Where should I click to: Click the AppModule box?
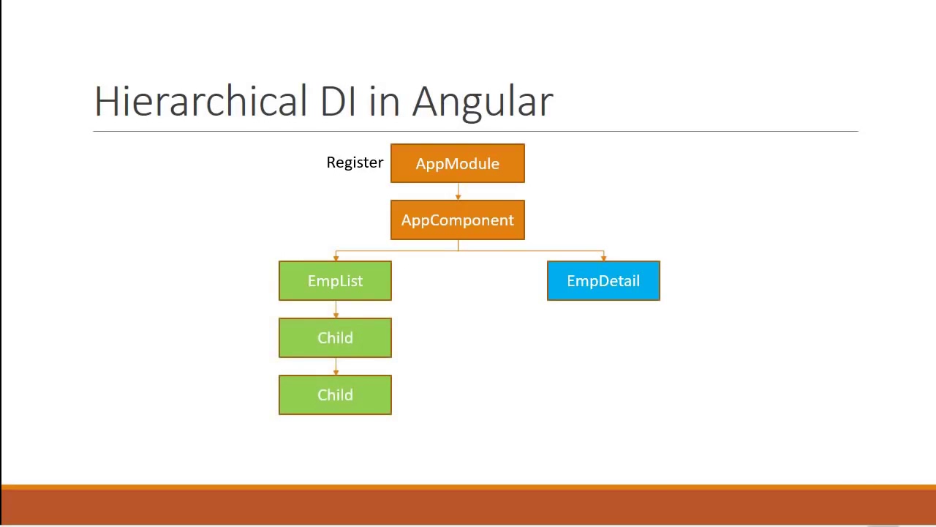click(x=457, y=163)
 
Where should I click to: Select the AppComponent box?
click(x=457, y=220)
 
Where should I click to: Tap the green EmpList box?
click(x=335, y=281)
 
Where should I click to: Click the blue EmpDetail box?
click(x=603, y=281)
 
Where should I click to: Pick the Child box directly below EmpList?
click(x=335, y=337)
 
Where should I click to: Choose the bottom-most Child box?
click(x=335, y=395)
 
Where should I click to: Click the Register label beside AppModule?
click(x=355, y=162)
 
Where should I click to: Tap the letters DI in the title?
click(x=337, y=101)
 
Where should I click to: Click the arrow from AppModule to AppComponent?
click(x=458, y=191)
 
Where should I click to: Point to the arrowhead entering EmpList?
click(x=336, y=258)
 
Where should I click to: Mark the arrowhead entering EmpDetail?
click(x=603, y=258)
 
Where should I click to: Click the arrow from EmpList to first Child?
click(x=336, y=310)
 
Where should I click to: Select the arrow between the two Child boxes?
click(x=336, y=366)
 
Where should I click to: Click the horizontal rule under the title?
click(x=475, y=132)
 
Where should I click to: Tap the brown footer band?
click(x=468, y=507)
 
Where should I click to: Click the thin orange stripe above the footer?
click(x=468, y=487)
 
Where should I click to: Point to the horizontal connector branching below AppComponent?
click(x=512, y=251)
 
